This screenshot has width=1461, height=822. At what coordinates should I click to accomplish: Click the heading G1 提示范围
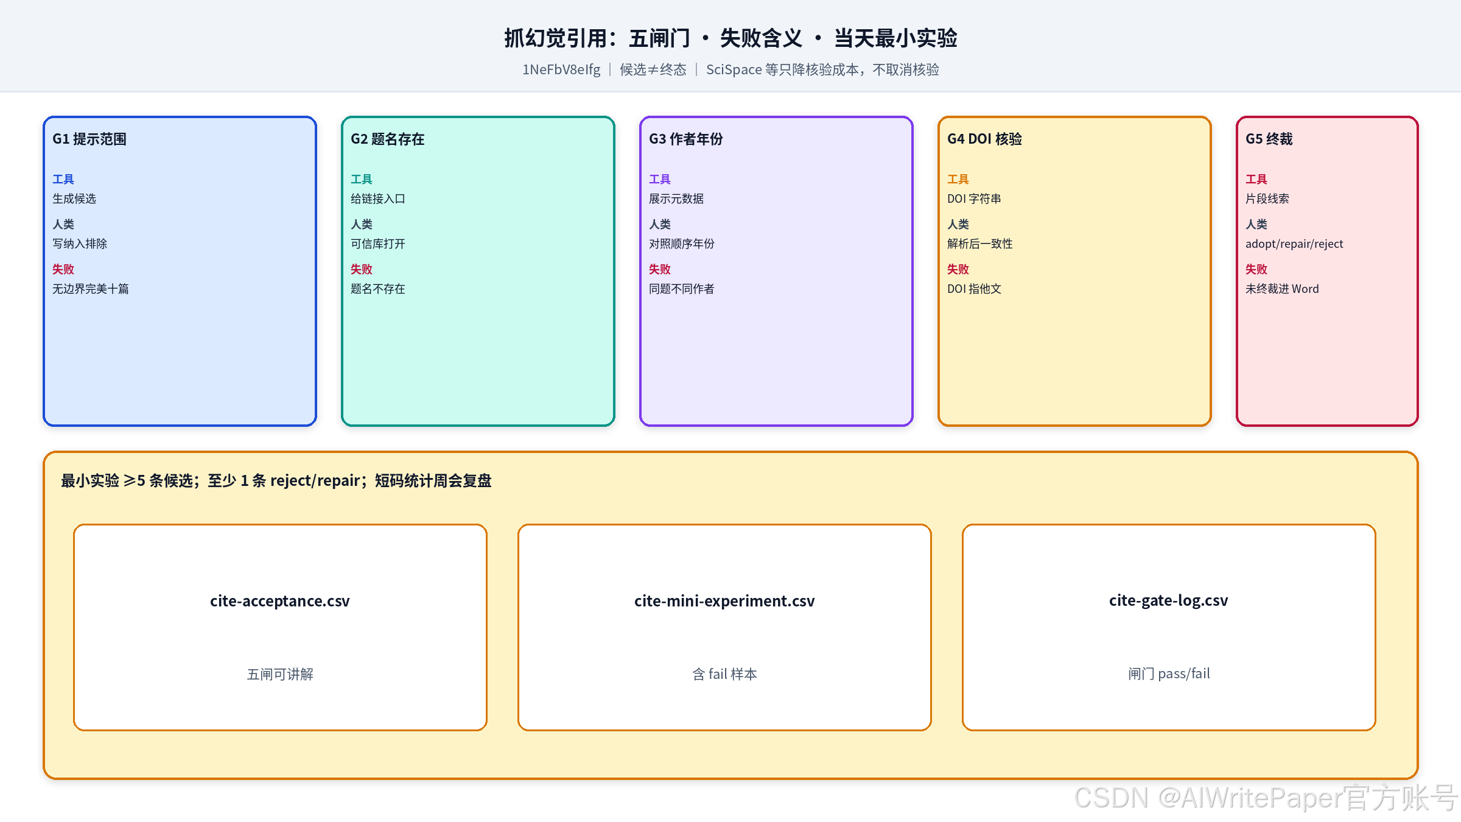(89, 139)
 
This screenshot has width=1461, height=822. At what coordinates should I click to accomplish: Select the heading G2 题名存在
(388, 139)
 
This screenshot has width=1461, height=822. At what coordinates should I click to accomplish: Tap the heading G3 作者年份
(686, 139)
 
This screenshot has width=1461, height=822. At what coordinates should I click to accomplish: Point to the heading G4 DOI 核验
(984, 139)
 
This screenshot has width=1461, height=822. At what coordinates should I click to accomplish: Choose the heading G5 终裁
(1269, 139)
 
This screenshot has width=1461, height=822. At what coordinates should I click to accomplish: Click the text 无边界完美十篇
(91, 289)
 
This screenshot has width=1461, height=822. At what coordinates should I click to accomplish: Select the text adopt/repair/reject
(1294, 244)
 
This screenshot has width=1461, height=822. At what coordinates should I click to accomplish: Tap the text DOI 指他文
(974, 289)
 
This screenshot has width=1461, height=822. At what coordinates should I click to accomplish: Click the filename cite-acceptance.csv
(280, 601)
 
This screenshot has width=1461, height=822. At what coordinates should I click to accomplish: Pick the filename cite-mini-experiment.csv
(724, 601)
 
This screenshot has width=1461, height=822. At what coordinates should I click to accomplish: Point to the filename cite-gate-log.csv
(1169, 601)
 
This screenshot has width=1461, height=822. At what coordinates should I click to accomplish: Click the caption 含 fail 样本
(724, 674)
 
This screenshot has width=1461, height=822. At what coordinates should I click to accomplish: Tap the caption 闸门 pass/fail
(1169, 674)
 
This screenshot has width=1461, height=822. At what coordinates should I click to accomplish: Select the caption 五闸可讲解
(280, 674)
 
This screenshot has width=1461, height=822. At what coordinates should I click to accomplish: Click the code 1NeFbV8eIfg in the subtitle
(561, 70)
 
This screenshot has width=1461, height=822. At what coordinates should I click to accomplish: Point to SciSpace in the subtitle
(734, 70)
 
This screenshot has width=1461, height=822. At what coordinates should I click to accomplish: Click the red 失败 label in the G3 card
(660, 269)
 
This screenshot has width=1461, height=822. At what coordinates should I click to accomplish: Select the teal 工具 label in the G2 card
(362, 179)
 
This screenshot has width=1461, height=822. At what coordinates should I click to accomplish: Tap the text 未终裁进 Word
(1282, 289)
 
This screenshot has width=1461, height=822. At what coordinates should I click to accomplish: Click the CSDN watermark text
(1266, 798)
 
